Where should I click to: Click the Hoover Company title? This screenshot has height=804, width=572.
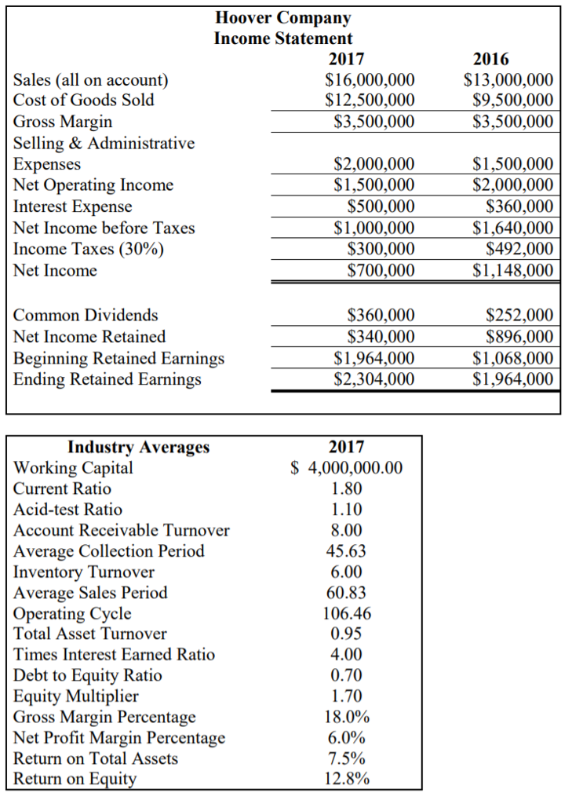pos(282,17)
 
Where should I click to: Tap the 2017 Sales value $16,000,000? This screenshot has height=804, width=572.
pos(370,79)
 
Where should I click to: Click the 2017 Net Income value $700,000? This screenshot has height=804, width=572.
pos(381,271)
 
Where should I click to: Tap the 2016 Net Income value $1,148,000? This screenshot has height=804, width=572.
pos(513,271)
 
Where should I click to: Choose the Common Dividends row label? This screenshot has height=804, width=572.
pos(86,316)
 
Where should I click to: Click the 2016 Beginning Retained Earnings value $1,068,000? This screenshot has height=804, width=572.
pos(513,358)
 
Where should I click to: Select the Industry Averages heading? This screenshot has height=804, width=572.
pos(139,447)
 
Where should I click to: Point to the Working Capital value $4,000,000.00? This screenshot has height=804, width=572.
pos(346,468)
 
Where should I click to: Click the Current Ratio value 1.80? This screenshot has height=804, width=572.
pos(346,488)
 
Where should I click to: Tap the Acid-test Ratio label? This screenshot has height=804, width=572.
pos(68,509)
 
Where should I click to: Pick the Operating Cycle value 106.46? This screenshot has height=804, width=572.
pos(346,613)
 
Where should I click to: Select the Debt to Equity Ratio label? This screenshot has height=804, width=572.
pos(88,675)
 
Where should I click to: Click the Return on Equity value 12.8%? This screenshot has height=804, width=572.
pos(346,779)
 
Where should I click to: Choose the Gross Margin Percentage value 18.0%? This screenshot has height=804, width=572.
pos(346,717)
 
